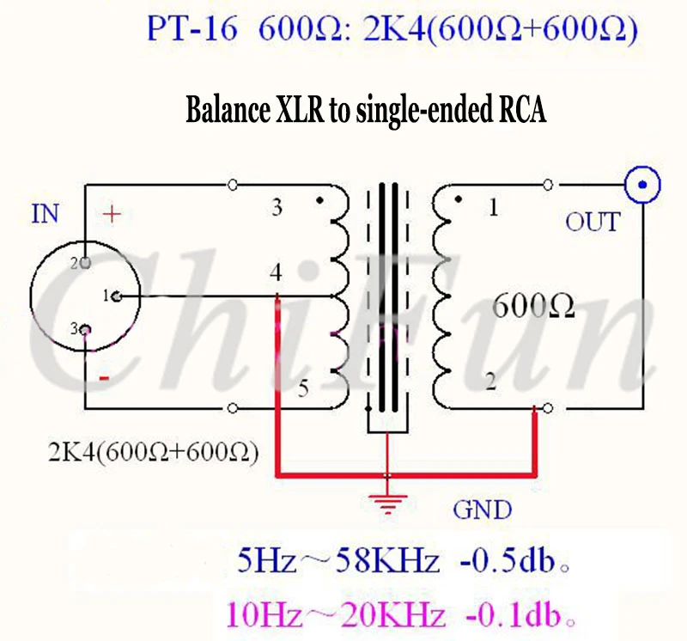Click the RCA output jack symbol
pyautogui.click(x=642, y=185)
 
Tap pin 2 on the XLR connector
pyautogui.click(x=85, y=263)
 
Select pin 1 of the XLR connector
pyautogui.click(x=117, y=296)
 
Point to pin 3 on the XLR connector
pyautogui.click(x=87, y=330)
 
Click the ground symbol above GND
pyautogui.click(x=387, y=504)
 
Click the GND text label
pyautogui.click(x=482, y=510)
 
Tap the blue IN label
pyautogui.click(x=45, y=214)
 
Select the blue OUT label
pyautogui.click(x=593, y=222)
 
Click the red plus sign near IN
pyautogui.click(x=112, y=214)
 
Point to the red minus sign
pyautogui.click(x=104, y=378)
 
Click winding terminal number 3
pyautogui.click(x=277, y=207)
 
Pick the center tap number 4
pyautogui.click(x=276, y=272)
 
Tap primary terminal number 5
pyautogui.click(x=303, y=388)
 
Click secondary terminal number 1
pyautogui.click(x=493, y=207)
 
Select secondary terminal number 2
pyautogui.click(x=491, y=382)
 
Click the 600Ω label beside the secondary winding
pyautogui.click(x=533, y=306)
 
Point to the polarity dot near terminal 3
pyautogui.click(x=319, y=200)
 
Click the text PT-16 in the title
pyautogui.click(x=192, y=29)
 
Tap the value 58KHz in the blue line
pyautogui.click(x=387, y=561)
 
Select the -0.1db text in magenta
pyautogui.click(x=514, y=615)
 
